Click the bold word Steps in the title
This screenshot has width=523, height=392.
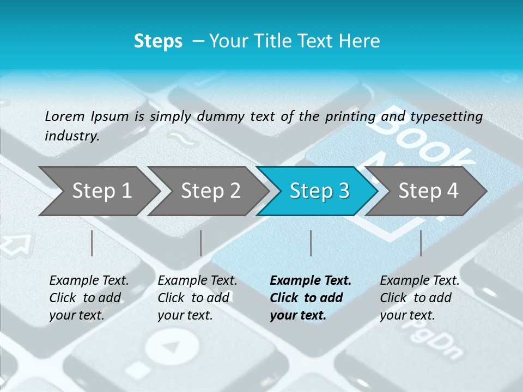[x=158, y=41]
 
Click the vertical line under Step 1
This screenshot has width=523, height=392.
[x=92, y=243]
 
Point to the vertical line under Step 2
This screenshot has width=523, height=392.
[x=201, y=243]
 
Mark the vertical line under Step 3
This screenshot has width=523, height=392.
[x=311, y=243]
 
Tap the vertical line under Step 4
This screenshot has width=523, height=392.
[x=421, y=243]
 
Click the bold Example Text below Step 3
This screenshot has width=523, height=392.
[x=311, y=298]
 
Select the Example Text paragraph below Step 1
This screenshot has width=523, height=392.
[x=89, y=298]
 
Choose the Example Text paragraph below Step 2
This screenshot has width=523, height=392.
[x=197, y=298]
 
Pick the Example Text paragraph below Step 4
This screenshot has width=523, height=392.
[x=419, y=298]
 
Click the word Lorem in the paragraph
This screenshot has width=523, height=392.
[x=65, y=116]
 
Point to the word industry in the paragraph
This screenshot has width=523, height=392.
[x=71, y=136]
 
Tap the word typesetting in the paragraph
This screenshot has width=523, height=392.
[x=446, y=116]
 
